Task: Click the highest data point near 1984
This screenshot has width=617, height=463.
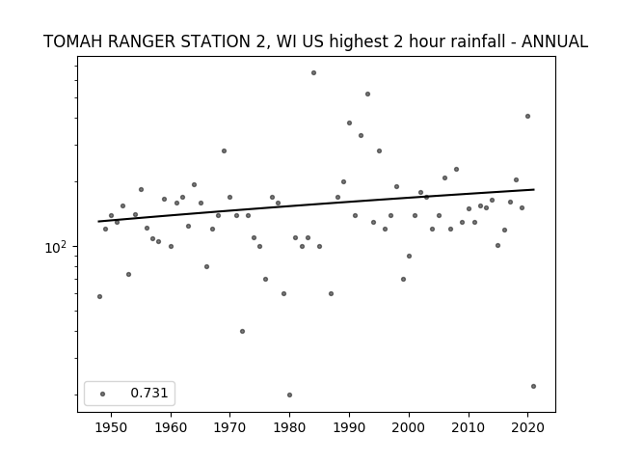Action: point(313,73)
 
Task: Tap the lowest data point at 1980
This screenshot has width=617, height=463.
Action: point(289,395)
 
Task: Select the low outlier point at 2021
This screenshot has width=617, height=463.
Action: point(533,386)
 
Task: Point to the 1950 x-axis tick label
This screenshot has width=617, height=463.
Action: point(112,428)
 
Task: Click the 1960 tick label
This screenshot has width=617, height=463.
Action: point(171,428)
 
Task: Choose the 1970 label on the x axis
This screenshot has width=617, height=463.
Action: point(229,428)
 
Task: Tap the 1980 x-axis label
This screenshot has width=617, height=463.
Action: point(289,428)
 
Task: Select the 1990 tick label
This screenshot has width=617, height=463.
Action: point(349,428)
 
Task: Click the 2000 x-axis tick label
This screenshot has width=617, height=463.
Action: point(409,428)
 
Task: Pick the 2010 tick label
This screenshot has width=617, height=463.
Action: point(469,428)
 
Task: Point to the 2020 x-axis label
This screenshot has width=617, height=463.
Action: point(527,428)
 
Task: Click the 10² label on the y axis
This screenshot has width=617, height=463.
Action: point(55,247)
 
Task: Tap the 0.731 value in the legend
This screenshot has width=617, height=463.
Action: point(149,393)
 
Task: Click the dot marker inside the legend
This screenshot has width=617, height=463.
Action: point(103,394)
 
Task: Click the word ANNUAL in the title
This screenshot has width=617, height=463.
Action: point(555,41)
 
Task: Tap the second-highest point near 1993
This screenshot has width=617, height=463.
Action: point(367,95)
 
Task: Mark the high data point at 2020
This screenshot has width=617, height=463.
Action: point(527,116)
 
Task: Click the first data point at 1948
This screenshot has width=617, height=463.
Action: point(99,296)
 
